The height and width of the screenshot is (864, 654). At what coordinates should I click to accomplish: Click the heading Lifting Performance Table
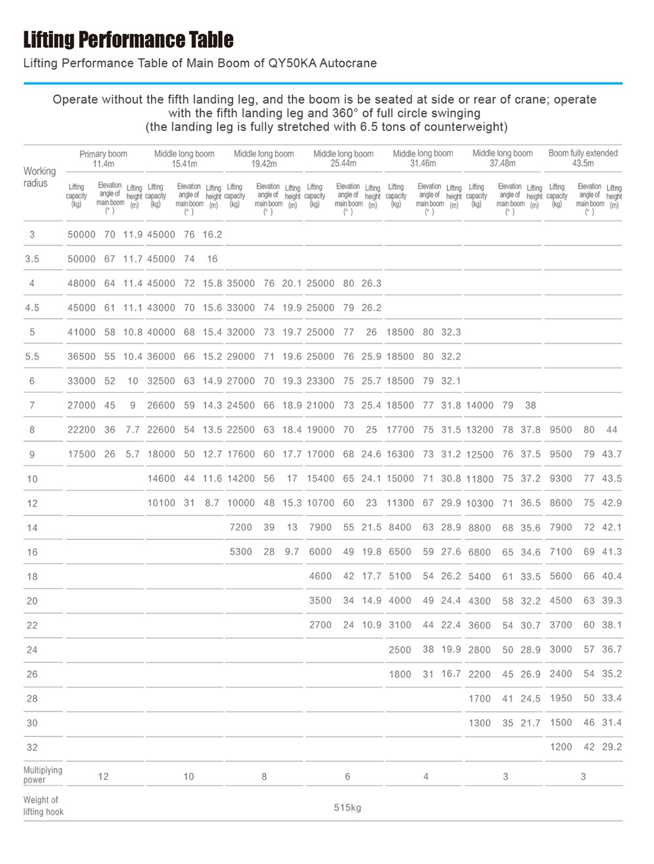click(x=128, y=40)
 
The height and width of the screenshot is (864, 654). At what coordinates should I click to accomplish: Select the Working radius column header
click(x=39, y=177)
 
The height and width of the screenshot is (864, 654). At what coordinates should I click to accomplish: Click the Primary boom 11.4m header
click(x=103, y=158)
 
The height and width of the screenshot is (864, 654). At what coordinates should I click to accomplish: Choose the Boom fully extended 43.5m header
click(x=583, y=158)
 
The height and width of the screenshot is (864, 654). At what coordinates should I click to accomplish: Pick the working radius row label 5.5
click(x=32, y=357)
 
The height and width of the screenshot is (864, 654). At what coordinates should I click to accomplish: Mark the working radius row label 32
click(x=32, y=747)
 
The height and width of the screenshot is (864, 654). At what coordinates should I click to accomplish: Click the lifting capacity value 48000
click(x=82, y=283)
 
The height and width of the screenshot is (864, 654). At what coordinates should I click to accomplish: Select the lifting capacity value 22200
click(x=82, y=430)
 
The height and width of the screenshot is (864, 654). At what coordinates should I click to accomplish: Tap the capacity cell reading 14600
click(x=161, y=478)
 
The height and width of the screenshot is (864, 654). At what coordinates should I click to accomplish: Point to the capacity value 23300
click(x=320, y=381)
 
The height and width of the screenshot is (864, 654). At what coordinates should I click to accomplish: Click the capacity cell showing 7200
click(x=241, y=528)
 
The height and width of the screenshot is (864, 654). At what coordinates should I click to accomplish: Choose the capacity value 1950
click(x=561, y=698)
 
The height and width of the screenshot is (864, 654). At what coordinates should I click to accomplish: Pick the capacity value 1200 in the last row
click(x=561, y=747)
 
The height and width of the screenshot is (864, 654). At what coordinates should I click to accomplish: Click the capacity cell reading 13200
click(x=479, y=430)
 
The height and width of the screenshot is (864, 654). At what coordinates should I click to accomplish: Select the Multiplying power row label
click(x=43, y=775)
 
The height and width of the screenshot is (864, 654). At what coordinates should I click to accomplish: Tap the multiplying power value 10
click(x=189, y=777)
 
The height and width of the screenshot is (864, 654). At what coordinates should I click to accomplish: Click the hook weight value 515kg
click(x=347, y=808)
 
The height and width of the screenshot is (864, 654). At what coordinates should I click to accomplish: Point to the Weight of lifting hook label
click(x=43, y=806)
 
